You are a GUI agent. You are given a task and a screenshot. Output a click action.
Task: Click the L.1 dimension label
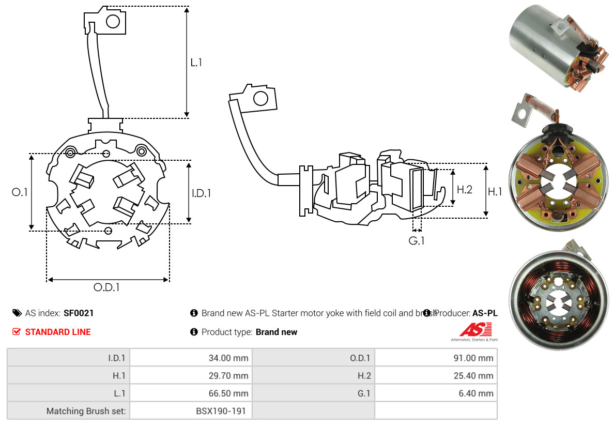(196, 63)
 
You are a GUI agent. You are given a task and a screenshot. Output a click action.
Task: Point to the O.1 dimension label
(20, 192)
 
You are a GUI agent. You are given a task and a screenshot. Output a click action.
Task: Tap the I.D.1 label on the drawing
(201, 193)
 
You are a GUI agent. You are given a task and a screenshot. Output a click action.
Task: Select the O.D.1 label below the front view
(106, 287)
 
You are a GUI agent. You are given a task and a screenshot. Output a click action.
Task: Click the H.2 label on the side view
(464, 190)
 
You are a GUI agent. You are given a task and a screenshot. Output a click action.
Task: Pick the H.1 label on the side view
(495, 192)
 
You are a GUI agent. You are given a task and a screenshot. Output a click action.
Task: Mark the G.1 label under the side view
(417, 241)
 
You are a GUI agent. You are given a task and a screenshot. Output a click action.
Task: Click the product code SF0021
(79, 313)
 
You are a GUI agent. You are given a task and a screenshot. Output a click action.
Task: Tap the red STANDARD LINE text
(58, 332)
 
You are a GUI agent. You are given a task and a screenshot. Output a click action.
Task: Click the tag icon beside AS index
(17, 313)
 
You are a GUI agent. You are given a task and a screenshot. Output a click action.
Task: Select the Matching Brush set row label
(87, 411)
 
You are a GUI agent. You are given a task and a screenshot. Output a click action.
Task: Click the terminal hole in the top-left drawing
(113, 21)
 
